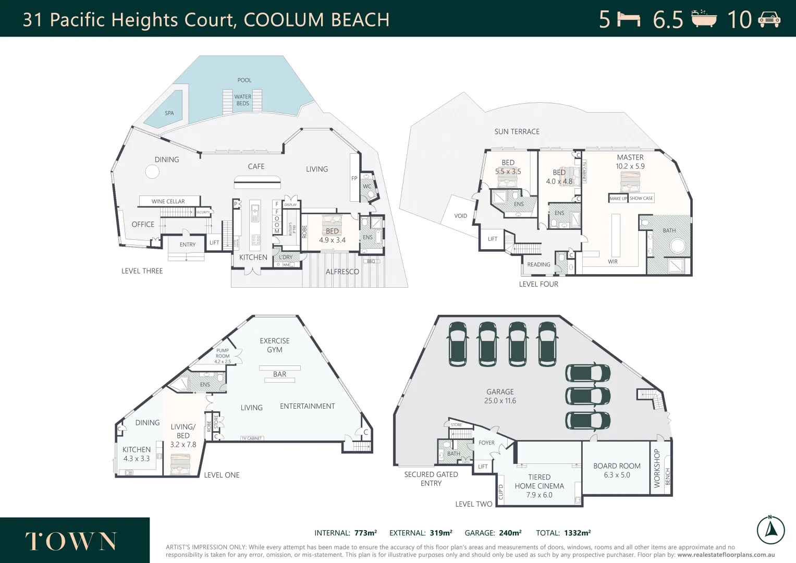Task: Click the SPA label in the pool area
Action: pyautogui.click(x=169, y=113)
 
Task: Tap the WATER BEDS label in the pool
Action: pyautogui.click(x=242, y=100)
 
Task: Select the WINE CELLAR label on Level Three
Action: pyautogui.click(x=168, y=201)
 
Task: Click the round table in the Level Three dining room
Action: pyautogui.click(x=152, y=172)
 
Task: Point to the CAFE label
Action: pyautogui.click(x=256, y=167)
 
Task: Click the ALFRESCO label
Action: pyautogui.click(x=342, y=272)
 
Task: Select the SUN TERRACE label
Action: pyautogui.click(x=517, y=132)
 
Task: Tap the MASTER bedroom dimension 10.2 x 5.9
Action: pyautogui.click(x=630, y=166)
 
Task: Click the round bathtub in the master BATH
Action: pyautogui.click(x=678, y=246)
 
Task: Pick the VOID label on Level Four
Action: pyautogui.click(x=460, y=216)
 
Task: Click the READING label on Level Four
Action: pyautogui.click(x=538, y=265)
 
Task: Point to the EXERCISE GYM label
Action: pyautogui.click(x=275, y=345)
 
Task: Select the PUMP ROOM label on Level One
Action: pyautogui.click(x=223, y=356)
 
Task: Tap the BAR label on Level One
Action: pyautogui.click(x=279, y=374)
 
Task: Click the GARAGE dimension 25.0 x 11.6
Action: pyautogui.click(x=500, y=401)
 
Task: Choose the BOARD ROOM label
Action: pyautogui.click(x=617, y=466)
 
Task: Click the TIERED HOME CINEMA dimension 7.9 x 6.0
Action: pyautogui.click(x=539, y=495)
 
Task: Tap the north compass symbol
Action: pyautogui.click(x=770, y=530)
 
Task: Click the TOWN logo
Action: pyautogui.click(x=71, y=542)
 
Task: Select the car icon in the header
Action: pyautogui.click(x=769, y=20)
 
